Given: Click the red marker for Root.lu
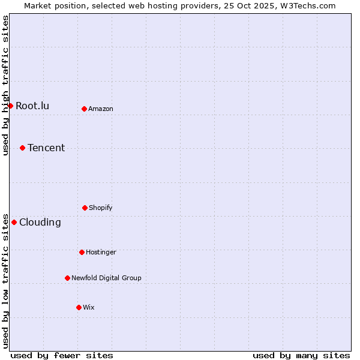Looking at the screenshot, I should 10,106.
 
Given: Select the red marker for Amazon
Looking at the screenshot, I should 85,109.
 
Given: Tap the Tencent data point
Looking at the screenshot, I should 23,148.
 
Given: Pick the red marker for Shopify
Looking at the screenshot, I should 85,208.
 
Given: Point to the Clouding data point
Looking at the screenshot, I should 14,222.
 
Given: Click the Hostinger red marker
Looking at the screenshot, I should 82,252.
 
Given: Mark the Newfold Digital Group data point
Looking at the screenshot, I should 67,278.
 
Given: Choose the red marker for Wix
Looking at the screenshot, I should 79,307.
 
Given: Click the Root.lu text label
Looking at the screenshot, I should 32,106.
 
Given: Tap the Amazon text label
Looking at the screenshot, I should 101,109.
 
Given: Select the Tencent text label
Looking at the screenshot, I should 46,148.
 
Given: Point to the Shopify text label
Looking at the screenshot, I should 101,208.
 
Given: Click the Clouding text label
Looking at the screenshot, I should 40,222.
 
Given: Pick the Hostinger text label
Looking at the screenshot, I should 101,252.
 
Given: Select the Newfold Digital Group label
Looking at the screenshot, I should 106,278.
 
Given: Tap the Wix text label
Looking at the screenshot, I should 89,307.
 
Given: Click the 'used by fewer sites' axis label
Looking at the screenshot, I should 62,355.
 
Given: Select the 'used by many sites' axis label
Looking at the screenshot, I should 301,355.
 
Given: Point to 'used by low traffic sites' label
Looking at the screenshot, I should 5,280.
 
